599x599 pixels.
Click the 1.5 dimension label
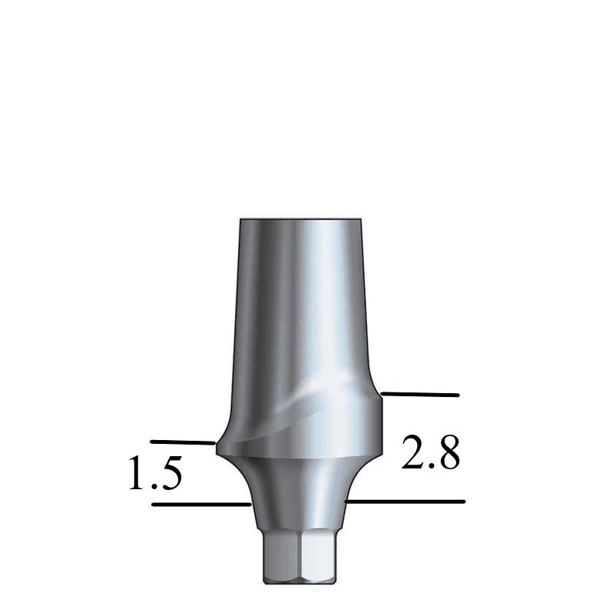tap(155, 473)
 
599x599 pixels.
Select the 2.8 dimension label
tap(431, 453)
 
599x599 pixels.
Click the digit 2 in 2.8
tap(413, 453)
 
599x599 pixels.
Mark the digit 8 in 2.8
tap(448, 453)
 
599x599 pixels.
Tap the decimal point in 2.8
tap(432, 466)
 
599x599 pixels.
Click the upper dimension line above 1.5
tap(181, 442)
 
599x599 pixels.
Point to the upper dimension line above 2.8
tap(420, 395)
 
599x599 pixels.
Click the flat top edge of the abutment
tap(299, 220)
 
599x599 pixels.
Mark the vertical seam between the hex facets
tap(300, 557)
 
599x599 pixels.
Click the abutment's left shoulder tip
tap(218, 445)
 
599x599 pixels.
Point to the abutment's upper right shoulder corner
tap(380, 395)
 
